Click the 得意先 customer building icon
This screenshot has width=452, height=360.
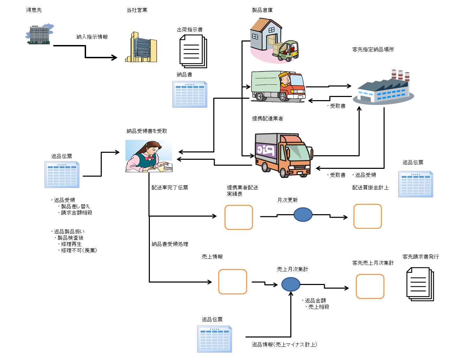pos(39,35)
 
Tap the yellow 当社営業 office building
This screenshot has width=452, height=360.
pos(141,48)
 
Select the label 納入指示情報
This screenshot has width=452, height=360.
pos(92,37)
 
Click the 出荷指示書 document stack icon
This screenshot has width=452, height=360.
pos(193,52)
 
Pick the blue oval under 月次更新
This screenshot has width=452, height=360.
pos(303,215)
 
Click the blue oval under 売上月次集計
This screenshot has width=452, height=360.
pos(291,284)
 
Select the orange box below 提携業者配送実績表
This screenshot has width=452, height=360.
pos(239,217)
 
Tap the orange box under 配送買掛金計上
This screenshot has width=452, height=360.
pos(368,216)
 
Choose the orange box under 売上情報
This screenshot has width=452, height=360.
pos(232,282)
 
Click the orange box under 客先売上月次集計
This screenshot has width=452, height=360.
pos(370,286)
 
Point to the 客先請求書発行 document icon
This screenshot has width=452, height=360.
pos(420,284)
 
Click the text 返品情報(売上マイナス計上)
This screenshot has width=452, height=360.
pos(284,345)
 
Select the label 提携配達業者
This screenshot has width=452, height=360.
pos(267,119)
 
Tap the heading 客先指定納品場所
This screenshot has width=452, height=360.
pos(373,50)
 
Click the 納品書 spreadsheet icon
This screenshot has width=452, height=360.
pos(190,94)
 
